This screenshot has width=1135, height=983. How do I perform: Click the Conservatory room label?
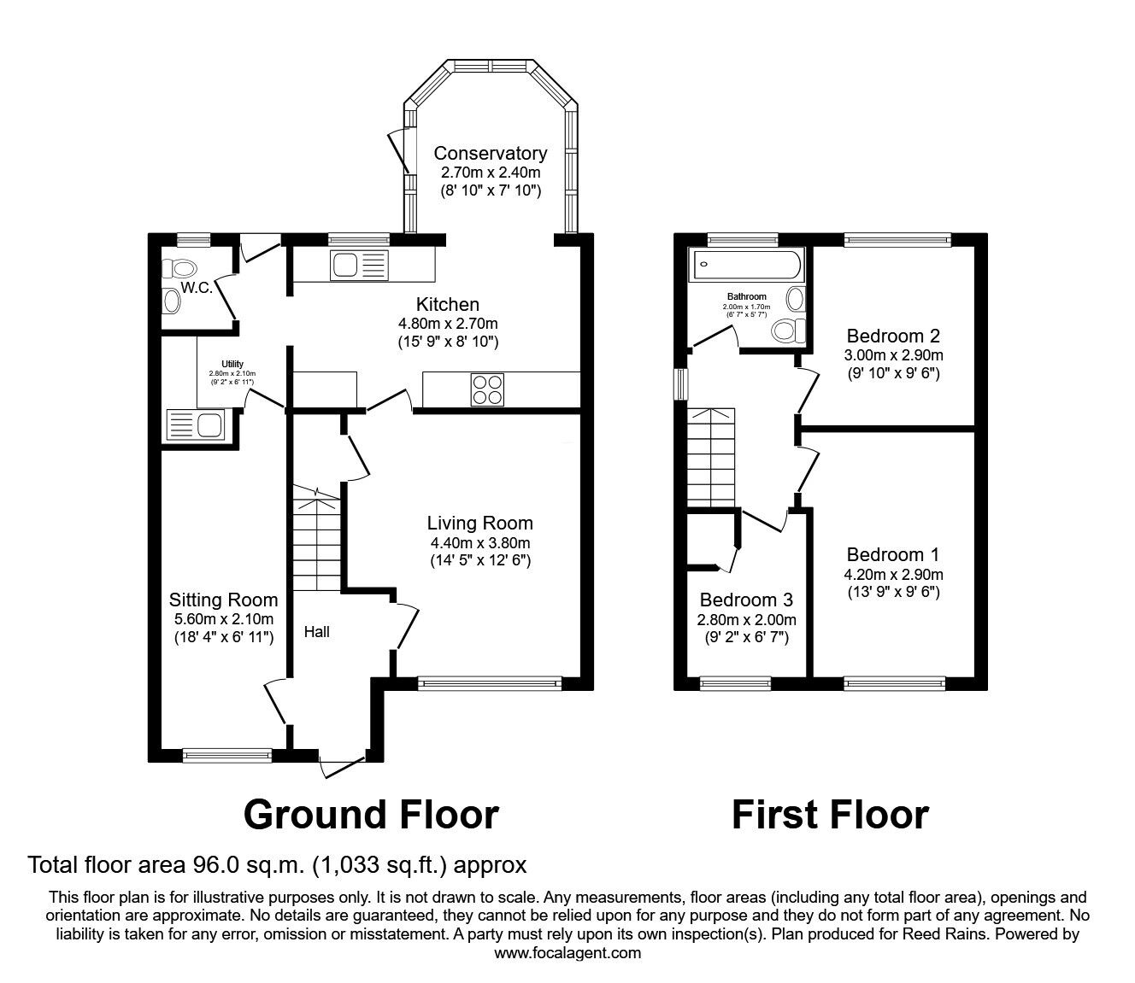coord(491,153)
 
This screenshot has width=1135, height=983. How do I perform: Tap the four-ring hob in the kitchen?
coord(487,389)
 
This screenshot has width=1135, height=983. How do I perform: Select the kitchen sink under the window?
coord(359,266)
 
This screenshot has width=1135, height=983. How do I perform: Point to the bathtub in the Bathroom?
coord(745,264)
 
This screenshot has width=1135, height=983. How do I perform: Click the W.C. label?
coord(196,288)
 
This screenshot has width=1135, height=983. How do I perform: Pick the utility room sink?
coord(196,424)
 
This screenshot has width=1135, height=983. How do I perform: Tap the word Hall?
coord(317,632)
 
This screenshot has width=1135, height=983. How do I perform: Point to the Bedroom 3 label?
coord(746,600)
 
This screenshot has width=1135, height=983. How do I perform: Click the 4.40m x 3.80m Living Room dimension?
coord(480,543)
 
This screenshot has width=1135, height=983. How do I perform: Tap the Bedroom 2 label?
coord(893,336)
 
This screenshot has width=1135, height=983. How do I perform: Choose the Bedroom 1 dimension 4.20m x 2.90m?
coord(893,575)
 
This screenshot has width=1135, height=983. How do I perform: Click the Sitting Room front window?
coord(227,755)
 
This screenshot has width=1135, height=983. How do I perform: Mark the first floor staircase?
coord(711,458)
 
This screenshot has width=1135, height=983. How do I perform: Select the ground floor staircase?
coord(316,538)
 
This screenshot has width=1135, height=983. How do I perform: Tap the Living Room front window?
coord(490,683)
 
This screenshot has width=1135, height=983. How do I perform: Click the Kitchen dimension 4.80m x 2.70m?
coord(448,324)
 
